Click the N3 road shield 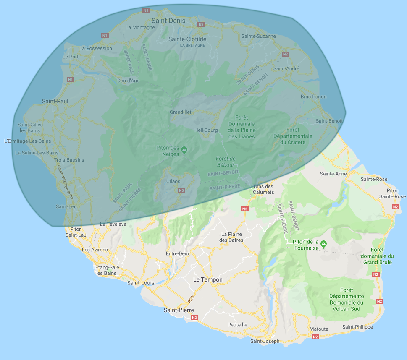point(245,209)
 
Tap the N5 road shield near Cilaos point(181,190)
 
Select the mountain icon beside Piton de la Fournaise point(323,243)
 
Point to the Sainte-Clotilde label point(186,39)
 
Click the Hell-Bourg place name point(206,130)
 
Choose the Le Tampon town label point(207,279)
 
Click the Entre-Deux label point(178,253)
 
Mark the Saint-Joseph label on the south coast point(265,341)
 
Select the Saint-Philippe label point(357,327)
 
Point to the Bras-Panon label point(313,97)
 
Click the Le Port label point(71,57)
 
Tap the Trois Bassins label point(69,160)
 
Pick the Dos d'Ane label point(128,81)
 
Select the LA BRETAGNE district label point(192,45)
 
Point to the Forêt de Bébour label point(226,161)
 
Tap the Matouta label point(318,329)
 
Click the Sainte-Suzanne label point(259,36)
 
